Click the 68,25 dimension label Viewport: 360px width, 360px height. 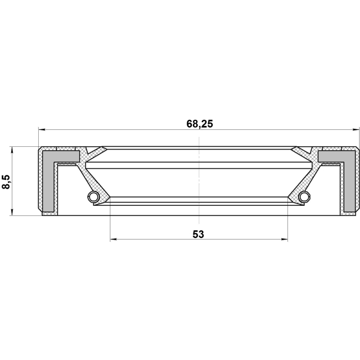click(200, 124)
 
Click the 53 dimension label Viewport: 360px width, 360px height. click(198, 235)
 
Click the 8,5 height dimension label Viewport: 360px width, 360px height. click(6, 182)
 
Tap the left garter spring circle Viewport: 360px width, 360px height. click(93, 196)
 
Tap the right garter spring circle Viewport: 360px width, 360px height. click(305, 196)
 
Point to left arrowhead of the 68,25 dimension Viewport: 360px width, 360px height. click(42, 130)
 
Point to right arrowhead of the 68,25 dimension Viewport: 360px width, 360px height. click(356, 130)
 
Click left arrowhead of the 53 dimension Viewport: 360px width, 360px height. click(114, 240)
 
